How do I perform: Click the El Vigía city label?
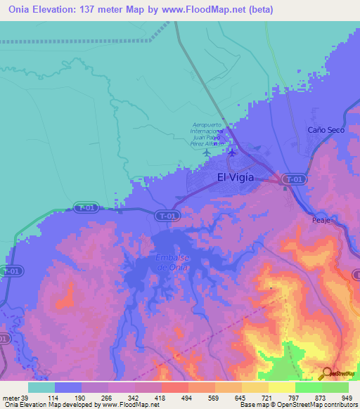[x=236, y=177]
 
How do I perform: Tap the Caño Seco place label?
[x=323, y=130]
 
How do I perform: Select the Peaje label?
[x=321, y=220]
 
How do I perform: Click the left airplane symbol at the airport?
[x=206, y=152]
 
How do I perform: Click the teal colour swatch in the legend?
[x=41, y=387]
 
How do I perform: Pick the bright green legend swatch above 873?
[x=308, y=387]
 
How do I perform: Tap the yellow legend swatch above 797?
[x=281, y=387]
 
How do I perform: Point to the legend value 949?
[x=349, y=398]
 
